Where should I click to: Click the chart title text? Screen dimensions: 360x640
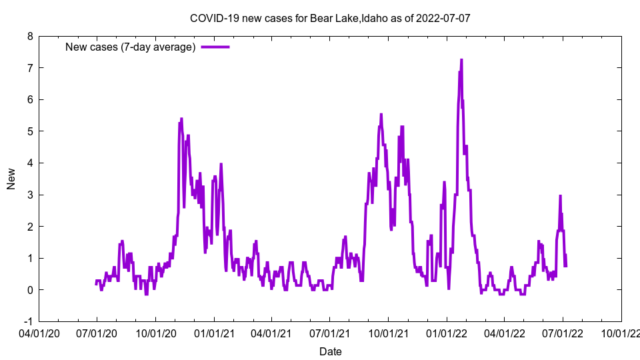330,18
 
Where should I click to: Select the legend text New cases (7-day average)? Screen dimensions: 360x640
130,47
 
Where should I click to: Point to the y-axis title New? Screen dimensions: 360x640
11,179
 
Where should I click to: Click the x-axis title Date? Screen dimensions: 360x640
331,351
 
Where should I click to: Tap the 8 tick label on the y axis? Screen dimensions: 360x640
30,36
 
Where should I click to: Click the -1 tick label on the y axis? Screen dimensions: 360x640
29,321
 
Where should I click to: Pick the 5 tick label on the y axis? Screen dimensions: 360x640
30,131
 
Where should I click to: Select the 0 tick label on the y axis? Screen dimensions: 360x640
30,290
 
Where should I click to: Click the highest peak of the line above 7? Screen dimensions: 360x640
461,60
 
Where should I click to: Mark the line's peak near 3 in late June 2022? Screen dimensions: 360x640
561,196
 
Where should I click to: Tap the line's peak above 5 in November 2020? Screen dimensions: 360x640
181,119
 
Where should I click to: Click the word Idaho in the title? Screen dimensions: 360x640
375,18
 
